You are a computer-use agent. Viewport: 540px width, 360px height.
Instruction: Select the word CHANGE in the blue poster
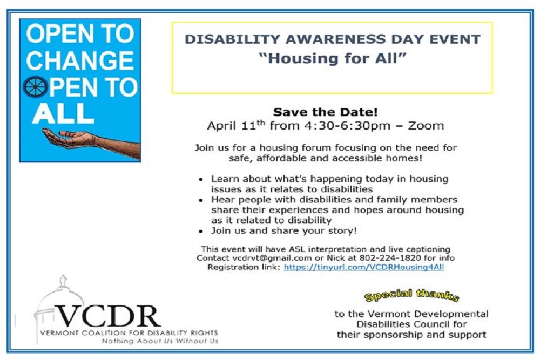tap(80, 60)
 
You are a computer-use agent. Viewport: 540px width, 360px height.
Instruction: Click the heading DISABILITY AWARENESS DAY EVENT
tap(332, 40)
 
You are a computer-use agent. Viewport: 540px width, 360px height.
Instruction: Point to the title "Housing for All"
tap(332, 58)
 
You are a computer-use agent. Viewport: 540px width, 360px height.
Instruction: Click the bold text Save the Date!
tap(325, 112)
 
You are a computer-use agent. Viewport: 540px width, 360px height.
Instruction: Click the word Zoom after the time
tap(426, 126)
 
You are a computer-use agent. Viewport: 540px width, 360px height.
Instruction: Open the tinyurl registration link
tap(363, 267)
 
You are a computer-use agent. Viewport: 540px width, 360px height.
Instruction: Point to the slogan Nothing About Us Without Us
tap(160, 341)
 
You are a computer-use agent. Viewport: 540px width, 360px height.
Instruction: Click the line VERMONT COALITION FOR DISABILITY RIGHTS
tap(129, 333)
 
